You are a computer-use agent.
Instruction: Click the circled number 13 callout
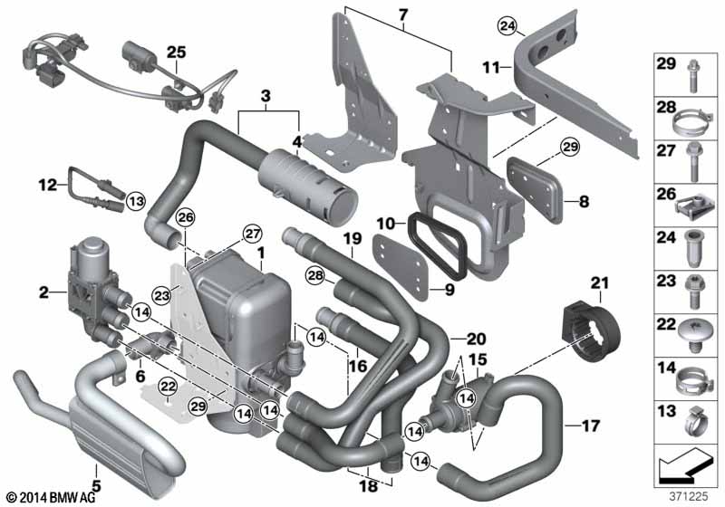point(135,201)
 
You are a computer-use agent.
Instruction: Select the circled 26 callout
point(186,217)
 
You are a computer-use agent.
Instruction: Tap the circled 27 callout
point(253,234)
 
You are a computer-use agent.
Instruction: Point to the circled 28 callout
point(315,276)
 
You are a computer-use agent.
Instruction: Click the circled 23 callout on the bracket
point(162,295)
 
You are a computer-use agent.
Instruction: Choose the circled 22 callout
point(168,386)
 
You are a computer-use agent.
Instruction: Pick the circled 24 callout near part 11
point(507,26)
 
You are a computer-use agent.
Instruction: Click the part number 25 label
point(176,53)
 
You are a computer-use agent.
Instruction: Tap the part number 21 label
point(600,282)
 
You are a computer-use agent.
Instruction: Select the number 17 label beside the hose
point(591,426)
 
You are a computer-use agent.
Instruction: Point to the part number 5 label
point(97,486)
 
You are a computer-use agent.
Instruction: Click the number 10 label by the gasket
point(386,224)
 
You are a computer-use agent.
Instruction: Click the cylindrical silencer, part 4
point(307,185)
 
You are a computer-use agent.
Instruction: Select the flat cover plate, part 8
point(535,189)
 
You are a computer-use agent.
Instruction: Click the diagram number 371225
point(689,496)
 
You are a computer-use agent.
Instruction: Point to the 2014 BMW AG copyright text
point(52,498)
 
